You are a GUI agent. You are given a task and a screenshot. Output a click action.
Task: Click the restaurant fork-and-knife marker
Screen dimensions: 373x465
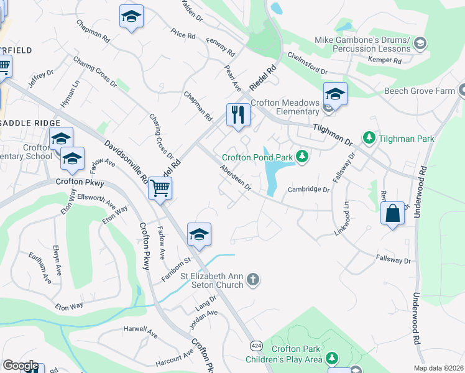pos(238,115)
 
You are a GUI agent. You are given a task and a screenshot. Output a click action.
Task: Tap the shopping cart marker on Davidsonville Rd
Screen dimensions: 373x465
pos(160,188)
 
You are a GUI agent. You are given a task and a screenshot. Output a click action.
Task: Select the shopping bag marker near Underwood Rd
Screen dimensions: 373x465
pos(393,214)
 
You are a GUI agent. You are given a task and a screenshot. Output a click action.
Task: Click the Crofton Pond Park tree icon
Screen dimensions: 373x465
pos(302,155)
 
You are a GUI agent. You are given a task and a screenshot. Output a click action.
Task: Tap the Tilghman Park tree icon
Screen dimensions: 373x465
pos(369,137)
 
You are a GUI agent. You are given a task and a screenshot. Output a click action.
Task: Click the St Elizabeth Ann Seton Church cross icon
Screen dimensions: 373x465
pos(252,280)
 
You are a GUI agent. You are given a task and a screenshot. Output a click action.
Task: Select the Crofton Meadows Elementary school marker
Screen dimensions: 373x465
pos(335,94)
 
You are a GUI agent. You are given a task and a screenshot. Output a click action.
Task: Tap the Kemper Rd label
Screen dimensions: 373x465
pos(384,60)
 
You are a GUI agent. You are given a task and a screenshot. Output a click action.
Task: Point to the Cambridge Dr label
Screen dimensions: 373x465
pos(308,190)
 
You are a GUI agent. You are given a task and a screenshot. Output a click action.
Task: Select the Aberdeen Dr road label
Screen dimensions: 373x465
pos(235,178)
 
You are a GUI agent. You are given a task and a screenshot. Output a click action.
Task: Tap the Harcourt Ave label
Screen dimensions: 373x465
pos(175,357)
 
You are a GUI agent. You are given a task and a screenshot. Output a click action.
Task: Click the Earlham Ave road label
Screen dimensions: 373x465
pos(39,268)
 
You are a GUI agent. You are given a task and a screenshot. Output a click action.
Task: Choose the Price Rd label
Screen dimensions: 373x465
pos(183,34)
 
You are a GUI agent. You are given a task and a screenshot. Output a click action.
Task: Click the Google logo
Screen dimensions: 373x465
pos(21,366)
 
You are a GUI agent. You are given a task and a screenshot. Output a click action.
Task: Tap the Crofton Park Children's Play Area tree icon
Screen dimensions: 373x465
pos(333,357)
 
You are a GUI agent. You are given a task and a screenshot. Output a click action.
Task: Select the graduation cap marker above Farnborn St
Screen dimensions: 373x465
pos(199,234)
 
